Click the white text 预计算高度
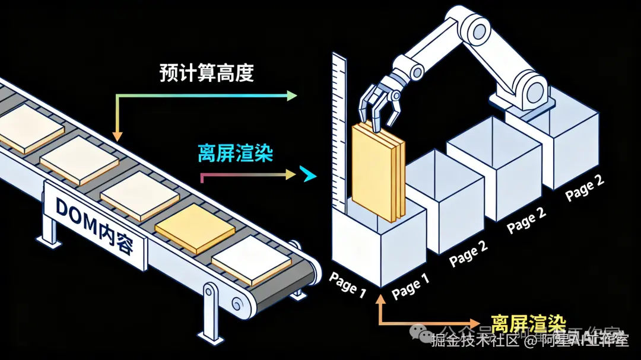207,73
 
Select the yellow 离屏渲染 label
528,322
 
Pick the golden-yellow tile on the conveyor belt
195,228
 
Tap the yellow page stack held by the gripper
377,172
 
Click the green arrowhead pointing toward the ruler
291,95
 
